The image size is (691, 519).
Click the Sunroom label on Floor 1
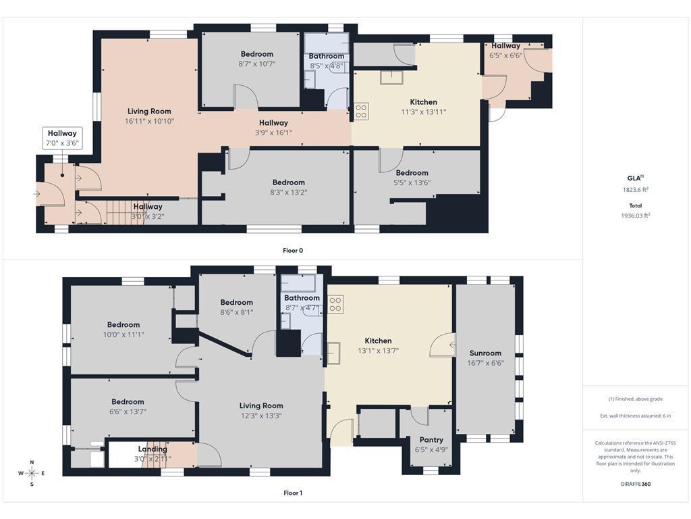[485, 353]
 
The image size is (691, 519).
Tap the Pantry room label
[431, 439]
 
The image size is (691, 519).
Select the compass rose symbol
[32, 473]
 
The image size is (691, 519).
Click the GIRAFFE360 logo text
[635, 484]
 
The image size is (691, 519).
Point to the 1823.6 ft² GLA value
[635, 190]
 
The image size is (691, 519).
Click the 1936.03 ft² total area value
[635, 216]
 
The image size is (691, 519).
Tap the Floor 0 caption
[293, 250]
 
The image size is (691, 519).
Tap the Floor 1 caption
[293, 493]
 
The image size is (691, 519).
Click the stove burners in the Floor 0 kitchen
[362, 112]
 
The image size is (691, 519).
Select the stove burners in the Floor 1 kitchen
[335, 305]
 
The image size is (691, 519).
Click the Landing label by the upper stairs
[153, 449]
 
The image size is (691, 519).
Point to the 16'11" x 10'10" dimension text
[149, 121]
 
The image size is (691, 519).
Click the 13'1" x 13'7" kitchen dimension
[378, 351]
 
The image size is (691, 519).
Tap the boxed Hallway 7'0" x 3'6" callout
[62, 138]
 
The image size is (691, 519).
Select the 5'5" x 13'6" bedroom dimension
[412, 182]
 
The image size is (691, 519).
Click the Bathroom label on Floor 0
[327, 56]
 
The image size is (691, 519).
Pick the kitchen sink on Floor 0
[392, 77]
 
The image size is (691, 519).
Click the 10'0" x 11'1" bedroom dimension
[123, 335]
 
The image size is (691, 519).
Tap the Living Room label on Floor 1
[261, 405]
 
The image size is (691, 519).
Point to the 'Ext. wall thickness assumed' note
[635, 416]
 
